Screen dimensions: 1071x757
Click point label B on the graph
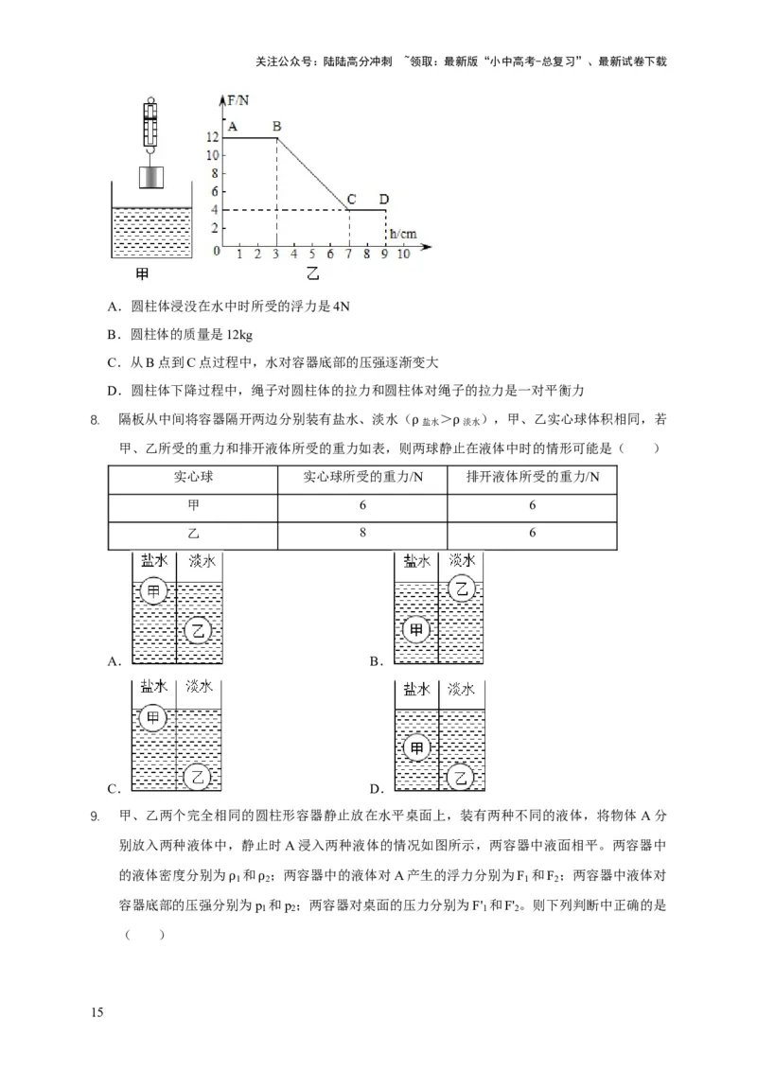(276, 126)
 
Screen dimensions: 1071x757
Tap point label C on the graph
(350, 199)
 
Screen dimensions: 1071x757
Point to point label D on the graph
(383, 199)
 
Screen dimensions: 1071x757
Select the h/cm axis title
(402, 233)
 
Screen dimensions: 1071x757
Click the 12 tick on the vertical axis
(213, 138)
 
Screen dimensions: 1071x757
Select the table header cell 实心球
(193, 478)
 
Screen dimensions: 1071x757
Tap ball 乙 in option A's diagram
(198, 631)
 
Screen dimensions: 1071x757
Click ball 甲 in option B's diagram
(415, 629)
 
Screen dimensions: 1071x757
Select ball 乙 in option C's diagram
(197, 778)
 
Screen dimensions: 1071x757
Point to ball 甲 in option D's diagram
(415, 748)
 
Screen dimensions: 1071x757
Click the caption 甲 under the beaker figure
(144, 273)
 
